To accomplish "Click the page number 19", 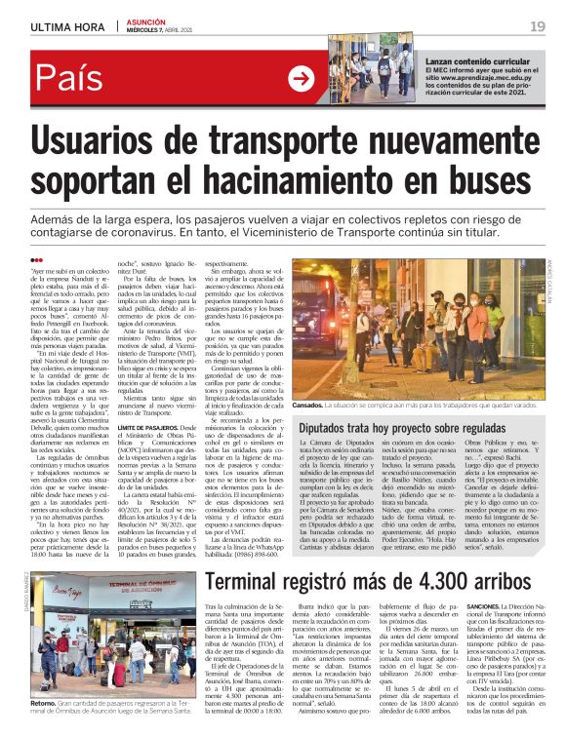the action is point(538,24).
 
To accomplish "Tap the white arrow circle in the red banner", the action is point(301,80).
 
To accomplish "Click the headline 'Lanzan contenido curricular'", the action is point(476,60).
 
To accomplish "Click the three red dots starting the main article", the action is point(37,259).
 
